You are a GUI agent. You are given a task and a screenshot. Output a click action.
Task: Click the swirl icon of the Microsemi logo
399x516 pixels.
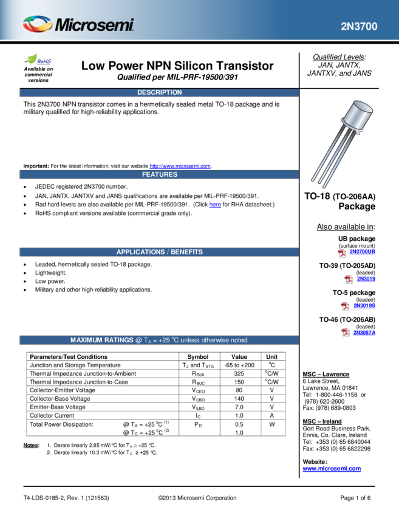click(38, 25)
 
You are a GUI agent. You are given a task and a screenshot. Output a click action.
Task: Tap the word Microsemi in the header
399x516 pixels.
click(94, 25)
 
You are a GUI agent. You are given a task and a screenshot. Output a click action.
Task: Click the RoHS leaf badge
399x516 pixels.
click(38, 59)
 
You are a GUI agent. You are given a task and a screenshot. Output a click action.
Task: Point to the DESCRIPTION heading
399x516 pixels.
click(159, 92)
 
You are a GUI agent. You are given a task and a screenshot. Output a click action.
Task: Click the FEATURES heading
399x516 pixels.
click(159, 174)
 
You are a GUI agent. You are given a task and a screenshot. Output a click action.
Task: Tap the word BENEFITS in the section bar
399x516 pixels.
click(186, 252)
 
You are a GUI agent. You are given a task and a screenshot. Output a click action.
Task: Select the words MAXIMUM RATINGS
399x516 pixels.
click(101, 341)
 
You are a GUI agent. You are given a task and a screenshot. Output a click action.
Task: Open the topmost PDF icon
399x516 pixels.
click(342, 254)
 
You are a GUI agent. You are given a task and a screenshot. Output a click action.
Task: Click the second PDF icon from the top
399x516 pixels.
click(349, 279)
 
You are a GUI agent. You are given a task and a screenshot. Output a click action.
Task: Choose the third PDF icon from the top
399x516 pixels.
click(345, 307)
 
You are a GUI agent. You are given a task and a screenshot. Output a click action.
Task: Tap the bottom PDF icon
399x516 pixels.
click(346, 332)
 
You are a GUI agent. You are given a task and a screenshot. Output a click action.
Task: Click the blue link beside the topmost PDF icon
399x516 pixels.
click(363, 251)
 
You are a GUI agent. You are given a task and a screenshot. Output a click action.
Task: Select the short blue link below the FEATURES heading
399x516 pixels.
click(215, 205)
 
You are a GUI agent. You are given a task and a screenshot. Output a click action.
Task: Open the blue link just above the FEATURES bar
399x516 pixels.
click(180, 166)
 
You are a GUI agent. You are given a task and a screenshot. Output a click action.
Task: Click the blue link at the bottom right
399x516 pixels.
click(332, 469)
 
